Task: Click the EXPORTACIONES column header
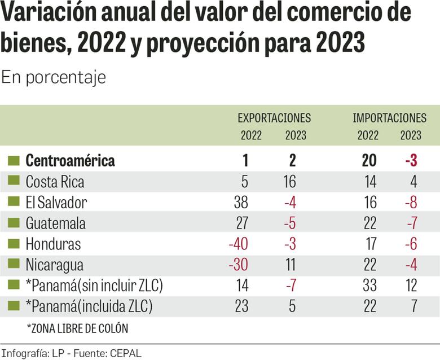tap(274, 118)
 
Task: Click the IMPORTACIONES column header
tap(389, 118)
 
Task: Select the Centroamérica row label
tap(70, 161)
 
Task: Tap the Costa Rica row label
tap(55, 182)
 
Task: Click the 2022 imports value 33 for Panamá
tap(369, 286)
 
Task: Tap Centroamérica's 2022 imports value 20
tap(369, 161)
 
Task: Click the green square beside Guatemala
tap(14, 223)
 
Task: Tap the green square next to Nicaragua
tap(14, 265)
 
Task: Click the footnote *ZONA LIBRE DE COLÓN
tap(77, 328)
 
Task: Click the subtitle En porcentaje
tap(53, 77)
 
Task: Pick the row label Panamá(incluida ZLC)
tap(89, 306)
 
